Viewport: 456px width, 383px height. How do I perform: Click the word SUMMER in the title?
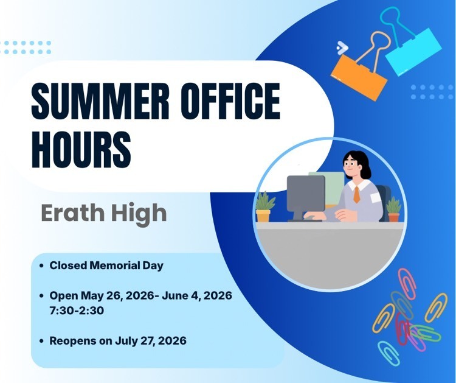[100, 101]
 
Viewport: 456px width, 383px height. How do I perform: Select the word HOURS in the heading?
[81, 149]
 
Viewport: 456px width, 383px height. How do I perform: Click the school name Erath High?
[104, 214]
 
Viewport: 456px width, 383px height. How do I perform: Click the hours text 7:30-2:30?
[77, 311]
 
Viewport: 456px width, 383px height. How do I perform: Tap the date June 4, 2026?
[197, 296]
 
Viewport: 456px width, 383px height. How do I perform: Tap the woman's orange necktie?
[356, 195]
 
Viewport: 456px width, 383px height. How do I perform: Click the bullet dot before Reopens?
[42, 341]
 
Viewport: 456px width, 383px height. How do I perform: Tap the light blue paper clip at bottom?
[389, 353]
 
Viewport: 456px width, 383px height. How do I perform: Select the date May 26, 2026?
[117, 296]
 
